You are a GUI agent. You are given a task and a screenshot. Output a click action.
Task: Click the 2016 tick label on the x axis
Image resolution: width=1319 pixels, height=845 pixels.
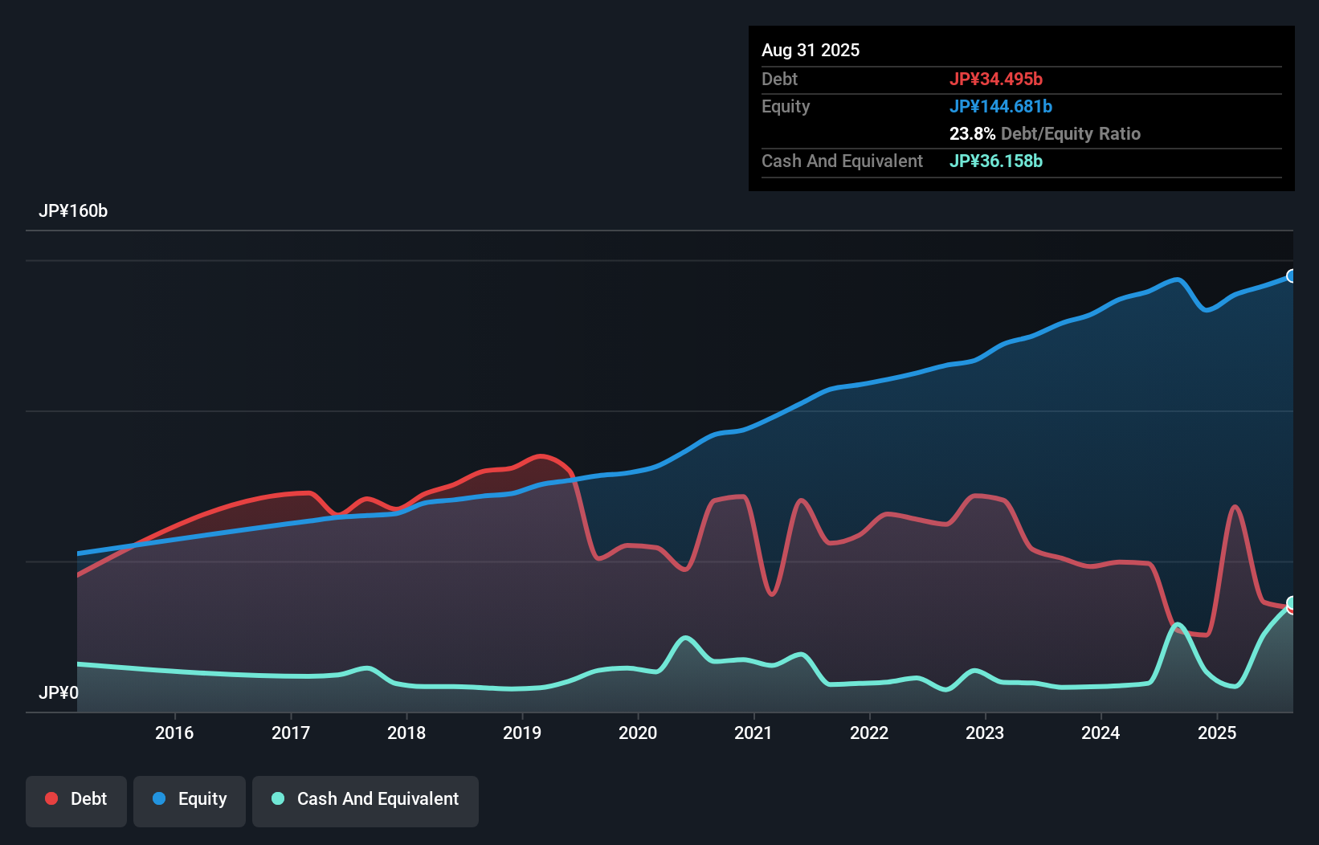(174, 733)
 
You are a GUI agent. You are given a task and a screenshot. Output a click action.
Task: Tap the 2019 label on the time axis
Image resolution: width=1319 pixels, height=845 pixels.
(522, 733)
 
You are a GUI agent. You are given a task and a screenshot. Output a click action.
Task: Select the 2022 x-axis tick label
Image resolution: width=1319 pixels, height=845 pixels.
(869, 733)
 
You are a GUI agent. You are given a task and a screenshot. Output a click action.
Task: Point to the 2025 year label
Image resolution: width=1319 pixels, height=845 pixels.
(1217, 733)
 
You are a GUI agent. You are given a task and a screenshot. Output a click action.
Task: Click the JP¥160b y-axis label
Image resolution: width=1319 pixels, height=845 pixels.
(73, 211)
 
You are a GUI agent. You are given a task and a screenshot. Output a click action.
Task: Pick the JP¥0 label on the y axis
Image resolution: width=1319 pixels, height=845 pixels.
(59, 692)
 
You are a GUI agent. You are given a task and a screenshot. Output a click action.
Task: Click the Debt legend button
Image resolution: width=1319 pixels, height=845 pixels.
(76, 799)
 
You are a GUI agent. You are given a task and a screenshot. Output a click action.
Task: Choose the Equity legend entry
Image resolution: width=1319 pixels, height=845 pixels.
(190, 799)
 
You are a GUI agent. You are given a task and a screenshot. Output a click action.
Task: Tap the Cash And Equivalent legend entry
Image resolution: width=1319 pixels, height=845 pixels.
(365, 799)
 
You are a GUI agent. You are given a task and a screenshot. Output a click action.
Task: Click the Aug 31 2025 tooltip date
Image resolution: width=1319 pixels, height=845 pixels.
(811, 51)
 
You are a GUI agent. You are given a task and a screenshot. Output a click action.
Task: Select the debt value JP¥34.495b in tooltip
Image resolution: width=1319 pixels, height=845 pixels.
(996, 79)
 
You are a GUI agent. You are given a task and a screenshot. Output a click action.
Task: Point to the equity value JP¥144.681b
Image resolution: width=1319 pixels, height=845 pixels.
(1001, 107)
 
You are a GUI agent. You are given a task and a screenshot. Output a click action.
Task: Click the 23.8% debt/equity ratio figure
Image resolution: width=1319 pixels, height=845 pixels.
(972, 134)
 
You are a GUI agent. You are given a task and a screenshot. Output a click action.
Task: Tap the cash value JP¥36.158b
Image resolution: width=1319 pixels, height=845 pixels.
(996, 161)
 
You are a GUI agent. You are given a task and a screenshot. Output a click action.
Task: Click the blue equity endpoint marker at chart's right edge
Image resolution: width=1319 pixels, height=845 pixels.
(1292, 276)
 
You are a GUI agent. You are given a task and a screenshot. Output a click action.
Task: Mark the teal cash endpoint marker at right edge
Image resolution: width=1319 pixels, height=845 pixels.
(1292, 602)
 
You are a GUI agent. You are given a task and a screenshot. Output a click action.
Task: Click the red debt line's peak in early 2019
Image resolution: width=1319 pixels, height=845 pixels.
(542, 456)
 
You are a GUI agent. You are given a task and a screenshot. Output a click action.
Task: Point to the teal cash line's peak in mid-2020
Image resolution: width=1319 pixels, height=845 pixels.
(685, 638)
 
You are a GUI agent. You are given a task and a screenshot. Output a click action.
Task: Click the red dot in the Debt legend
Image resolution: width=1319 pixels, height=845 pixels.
(51, 798)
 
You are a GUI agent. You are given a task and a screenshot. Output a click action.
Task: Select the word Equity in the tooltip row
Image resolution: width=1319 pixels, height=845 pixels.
(786, 107)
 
